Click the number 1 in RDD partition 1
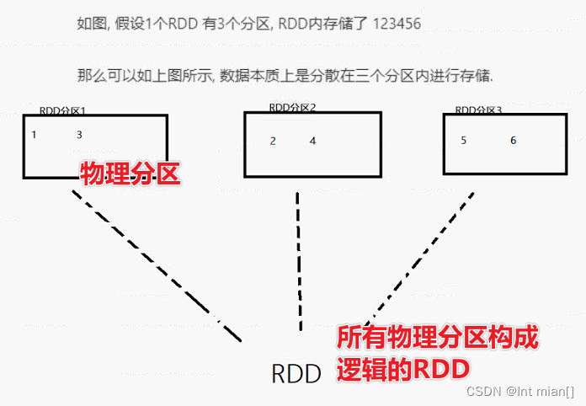click(x=34, y=135)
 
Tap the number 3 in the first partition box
click(x=79, y=135)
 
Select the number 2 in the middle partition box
click(x=273, y=141)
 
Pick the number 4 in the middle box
click(x=312, y=141)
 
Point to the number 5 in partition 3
click(x=464, y=141)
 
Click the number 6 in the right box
click(x=513, y=141)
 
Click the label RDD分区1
click(x=63, y=111)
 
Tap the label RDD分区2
click(x=292, y=108)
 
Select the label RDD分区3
click(x=478, y=110)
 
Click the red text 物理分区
click(x=131, y=174)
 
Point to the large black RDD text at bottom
click(x=296, y=374)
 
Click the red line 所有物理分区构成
click(x=437, y=339)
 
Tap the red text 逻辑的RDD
click(x=402, y=370)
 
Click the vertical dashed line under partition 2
click(x=299, y=261)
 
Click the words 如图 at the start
click(x=88, y=24)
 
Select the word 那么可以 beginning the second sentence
click(x=104, y=76)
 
